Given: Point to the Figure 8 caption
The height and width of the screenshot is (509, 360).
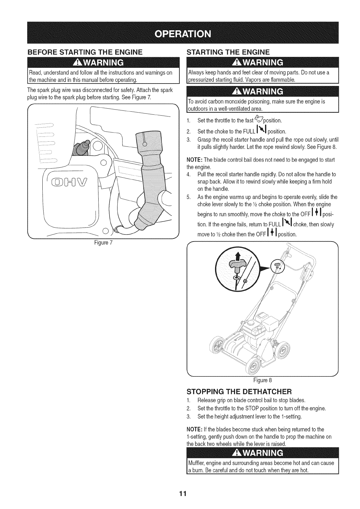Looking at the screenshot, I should (x=262, y=380).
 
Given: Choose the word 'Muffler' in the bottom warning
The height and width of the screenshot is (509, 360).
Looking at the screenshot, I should (x=196, y=463).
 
